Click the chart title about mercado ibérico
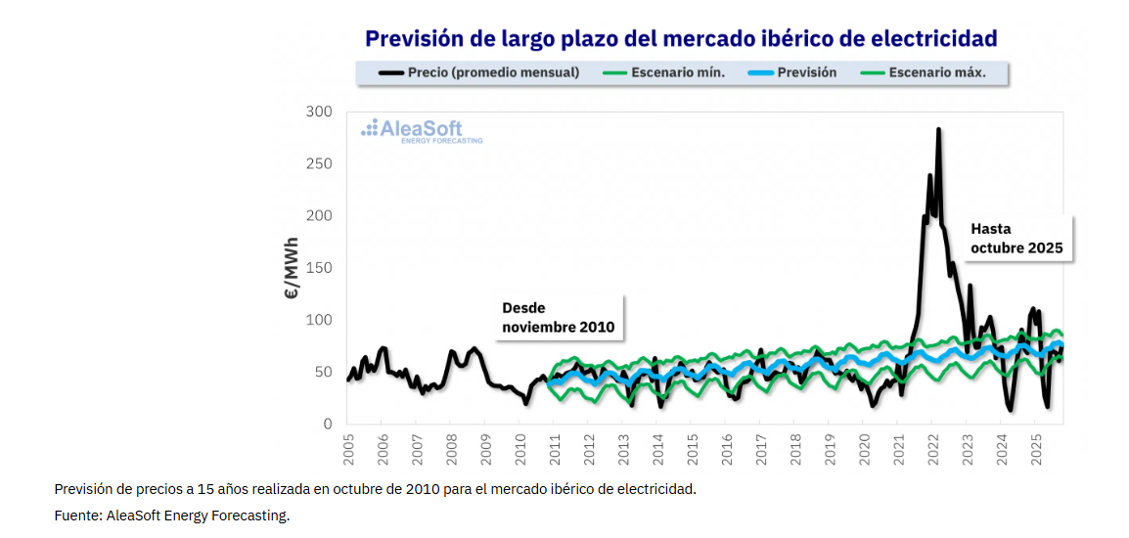pyautogui.click(x=681, y=38)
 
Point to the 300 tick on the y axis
pyautogui.click(x=319, y=112)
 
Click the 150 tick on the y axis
pyautogui.click(x=319, y=268)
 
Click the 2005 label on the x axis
pyautogui.click(x=349, y=450)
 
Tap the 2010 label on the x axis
pyautogui.click(x=520, y=450)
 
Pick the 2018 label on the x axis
pyautogui.click(x=795, y=450)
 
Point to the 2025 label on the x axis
pyautogui.click(x=1036, y=450)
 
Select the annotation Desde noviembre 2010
pyautogui.click(x=558, y=318)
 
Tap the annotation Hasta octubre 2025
pyautogui.click(x=1016, y=238)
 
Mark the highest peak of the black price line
pyautogui.click(x=938, y=129)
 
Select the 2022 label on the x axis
pyautogui.click(x=933, y=450)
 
